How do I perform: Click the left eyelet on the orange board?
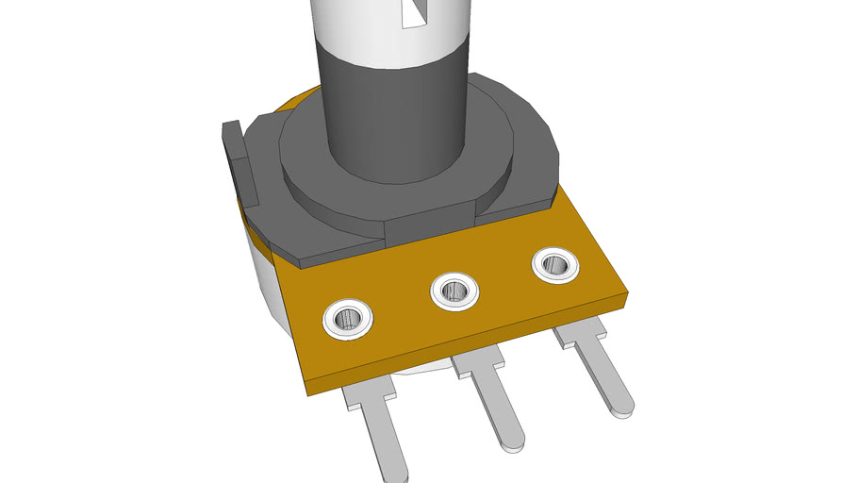348,319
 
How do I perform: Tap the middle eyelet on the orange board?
454,290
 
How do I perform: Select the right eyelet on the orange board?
555,265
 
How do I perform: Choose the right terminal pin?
603,373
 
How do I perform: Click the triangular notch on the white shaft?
413,12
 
